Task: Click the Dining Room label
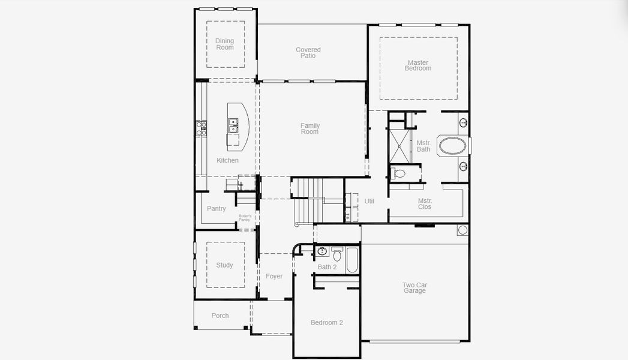[225, 44]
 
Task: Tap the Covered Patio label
[308, 53]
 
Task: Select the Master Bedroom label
[418, 65]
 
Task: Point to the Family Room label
[310, 128]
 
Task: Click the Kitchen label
[227, 160]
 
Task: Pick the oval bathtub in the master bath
[453, 146]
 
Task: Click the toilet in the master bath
[399, 174]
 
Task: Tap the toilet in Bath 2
[337, 256]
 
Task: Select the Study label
[224, 265]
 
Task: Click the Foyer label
[274, 277]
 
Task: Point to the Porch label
[220, 316]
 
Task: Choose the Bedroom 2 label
[327, 323]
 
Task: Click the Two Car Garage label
[414, 288]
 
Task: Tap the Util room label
[369, 201]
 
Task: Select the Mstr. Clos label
[425, 204]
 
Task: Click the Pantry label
[217, 209]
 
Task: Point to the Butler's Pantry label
[244, 218]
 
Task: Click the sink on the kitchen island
[233, 125]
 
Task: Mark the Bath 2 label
[327, 267]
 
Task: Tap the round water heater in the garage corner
[462, 230]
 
